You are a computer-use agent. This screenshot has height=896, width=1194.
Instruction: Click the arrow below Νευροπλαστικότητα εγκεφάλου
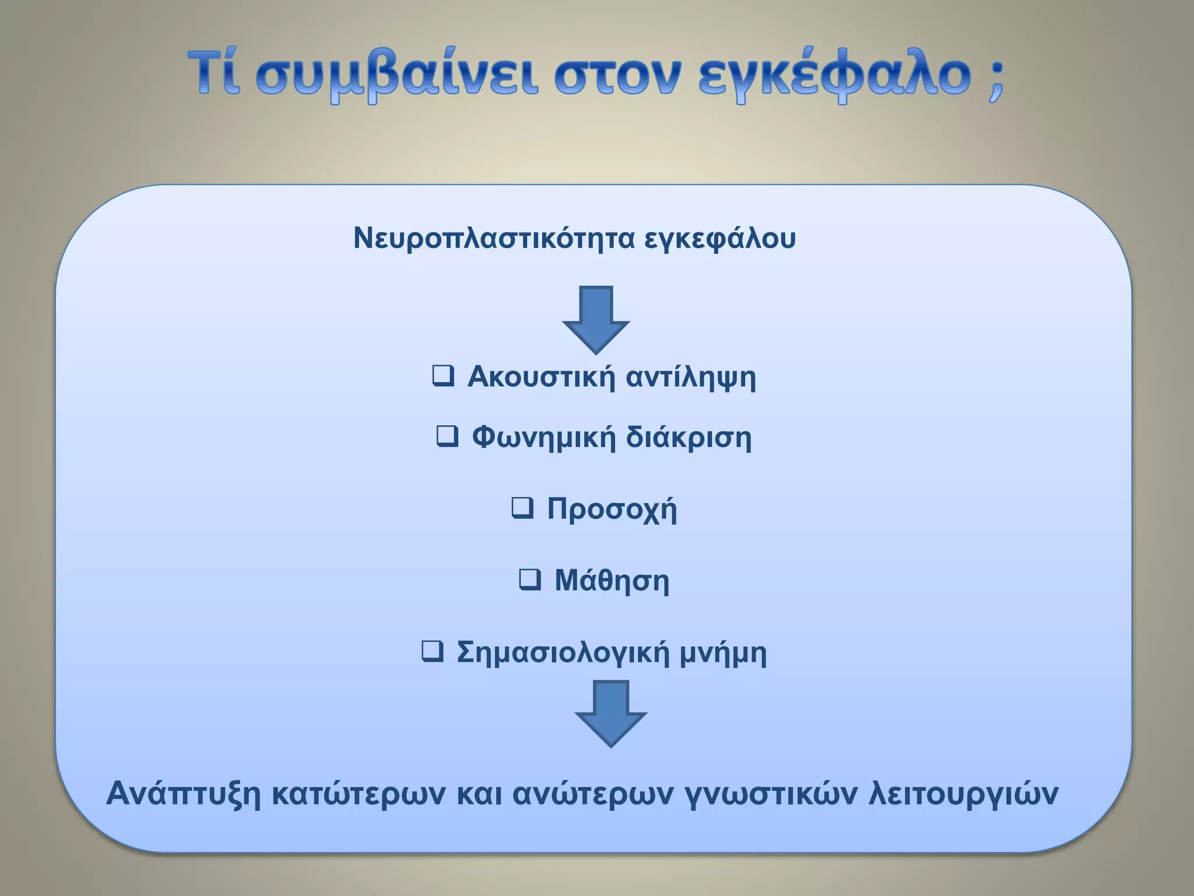pos(596,319)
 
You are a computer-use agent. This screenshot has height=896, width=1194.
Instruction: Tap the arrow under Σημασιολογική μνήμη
pos(610,713)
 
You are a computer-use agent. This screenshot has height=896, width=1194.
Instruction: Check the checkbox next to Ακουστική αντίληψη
pos(443,376)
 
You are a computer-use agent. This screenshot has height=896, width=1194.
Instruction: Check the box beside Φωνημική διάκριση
pos(447,436)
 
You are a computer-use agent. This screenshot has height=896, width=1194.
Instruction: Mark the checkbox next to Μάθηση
pos(529,579)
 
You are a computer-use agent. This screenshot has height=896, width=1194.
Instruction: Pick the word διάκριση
pos(689,437)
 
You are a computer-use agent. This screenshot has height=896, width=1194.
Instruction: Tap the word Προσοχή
pos(612,509)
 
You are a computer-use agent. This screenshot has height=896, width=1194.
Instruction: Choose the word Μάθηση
pos(612,580)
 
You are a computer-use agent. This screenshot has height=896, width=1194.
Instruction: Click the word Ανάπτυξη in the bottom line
pos(183,794)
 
